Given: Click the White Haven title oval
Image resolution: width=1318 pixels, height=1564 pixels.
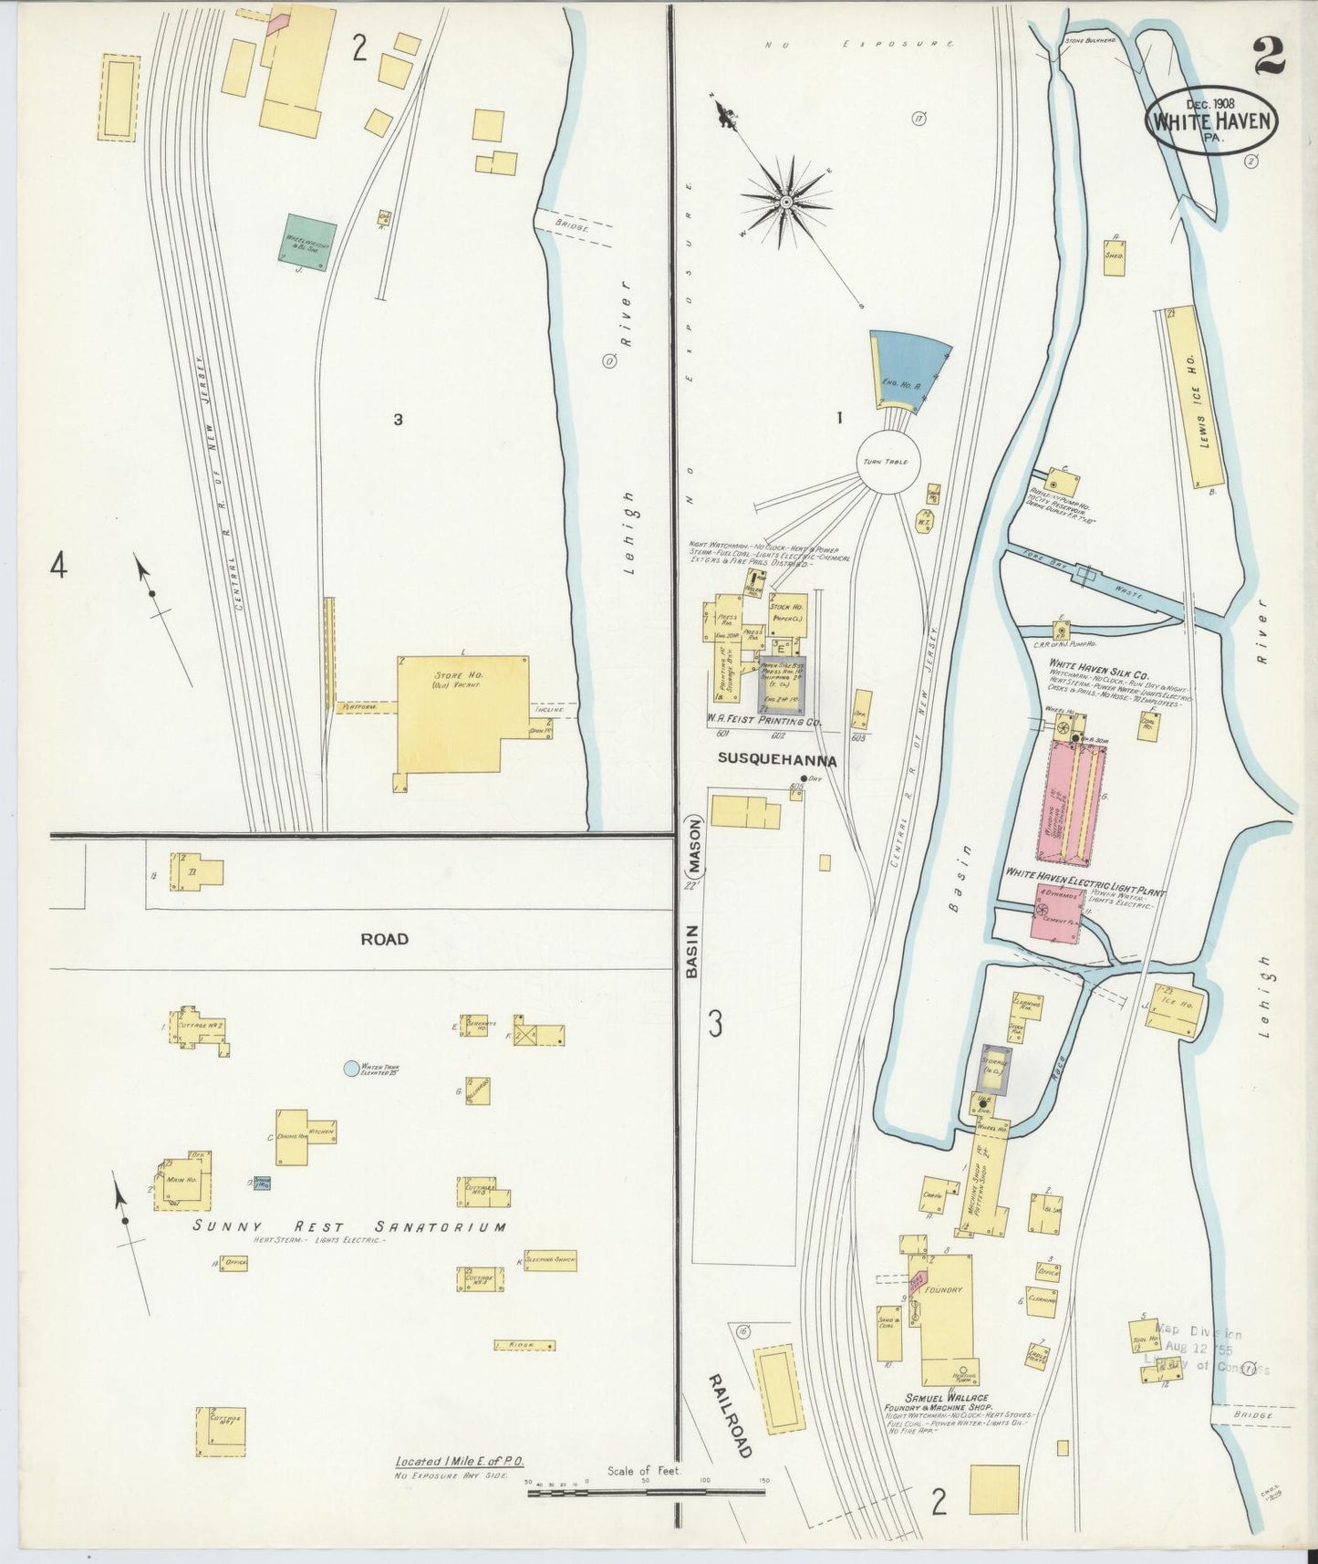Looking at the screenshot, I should coord(1210,122).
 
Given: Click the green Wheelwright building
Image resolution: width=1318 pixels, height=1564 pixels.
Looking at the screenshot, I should coord(307,243).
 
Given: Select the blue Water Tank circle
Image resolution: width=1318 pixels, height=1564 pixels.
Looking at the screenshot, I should coord(351,1068).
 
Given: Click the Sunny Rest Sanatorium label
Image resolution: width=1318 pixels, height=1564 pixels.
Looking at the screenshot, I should coord(349,1226).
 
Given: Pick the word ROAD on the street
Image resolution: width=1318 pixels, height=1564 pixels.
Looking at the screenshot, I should coord(384,939).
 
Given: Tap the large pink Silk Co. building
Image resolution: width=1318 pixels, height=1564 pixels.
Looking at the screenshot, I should coord(1072,803).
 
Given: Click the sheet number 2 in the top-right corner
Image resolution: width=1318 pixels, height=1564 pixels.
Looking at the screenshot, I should coord(1269,57).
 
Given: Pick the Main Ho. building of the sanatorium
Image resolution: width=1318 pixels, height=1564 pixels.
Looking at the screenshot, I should coord(185,1184).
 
